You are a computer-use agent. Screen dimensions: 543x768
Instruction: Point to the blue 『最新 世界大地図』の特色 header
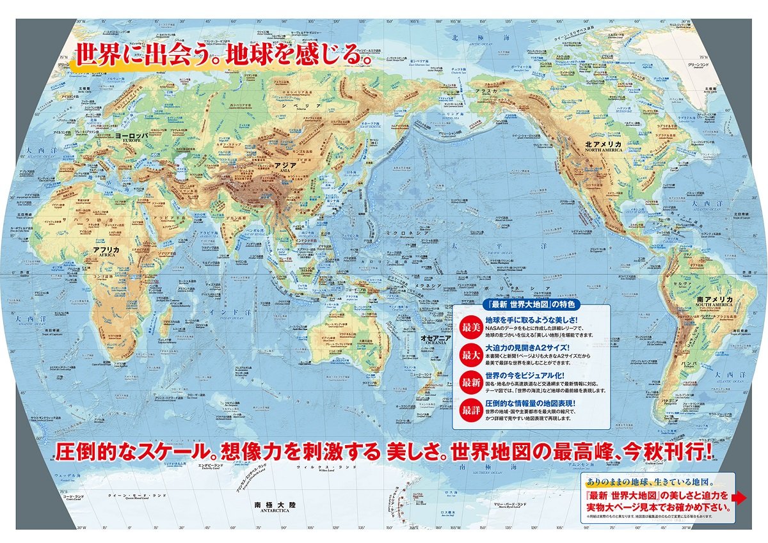pyautogui.click(x=531, y=304)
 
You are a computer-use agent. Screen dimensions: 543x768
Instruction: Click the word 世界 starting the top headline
pyautogui.click(x=95, y=54)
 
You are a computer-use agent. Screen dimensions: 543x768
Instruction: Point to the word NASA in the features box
pyautogui.click(x=495, y=327)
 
